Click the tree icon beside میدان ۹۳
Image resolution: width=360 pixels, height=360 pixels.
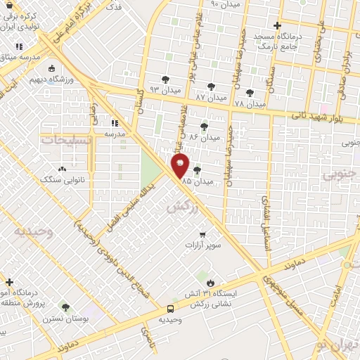click(x=166, y=79)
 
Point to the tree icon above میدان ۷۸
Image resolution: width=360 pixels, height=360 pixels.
click(x=250, y=92)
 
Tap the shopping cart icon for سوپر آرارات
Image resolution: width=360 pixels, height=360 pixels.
click(x=203, y=234)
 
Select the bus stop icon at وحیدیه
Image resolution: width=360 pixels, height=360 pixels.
click(x=170, y=308)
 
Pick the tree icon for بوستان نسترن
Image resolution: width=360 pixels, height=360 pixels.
click(x=65, y=307)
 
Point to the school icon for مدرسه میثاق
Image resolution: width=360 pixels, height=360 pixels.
click(x=19, y=46)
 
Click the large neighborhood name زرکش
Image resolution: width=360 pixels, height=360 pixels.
click(x=182, y=207)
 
